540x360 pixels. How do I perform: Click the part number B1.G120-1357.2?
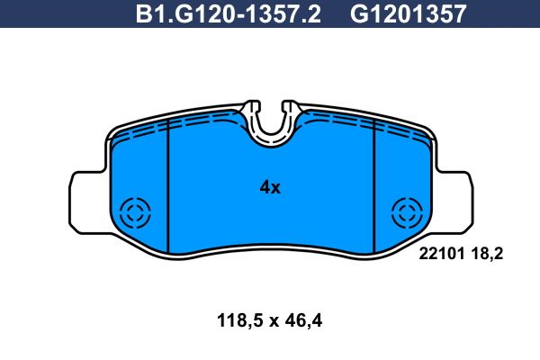[x=229, y=13]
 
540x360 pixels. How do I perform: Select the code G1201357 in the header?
[x=408, y=13]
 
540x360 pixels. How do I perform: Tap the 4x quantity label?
[x=270, y=188]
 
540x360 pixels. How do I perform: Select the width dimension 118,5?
[x=240, y=321]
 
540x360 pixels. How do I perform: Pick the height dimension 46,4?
[x=303, y=321]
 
